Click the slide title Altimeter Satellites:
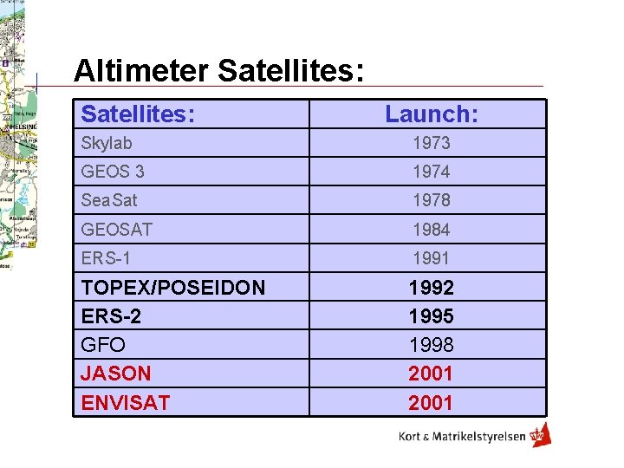coord(217,70)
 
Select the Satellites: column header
coord(138,114)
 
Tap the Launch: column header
coord(431,114)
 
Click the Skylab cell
coord(107,143)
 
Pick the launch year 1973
coord(431,143)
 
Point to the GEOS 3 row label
coord(113,172)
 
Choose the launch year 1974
coord(431,172)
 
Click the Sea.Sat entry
coord(109,200)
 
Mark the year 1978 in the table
coord(431,200)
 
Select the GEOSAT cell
coord(117,230)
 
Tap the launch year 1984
coord(431,230)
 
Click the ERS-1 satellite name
coord(106,258)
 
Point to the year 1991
coord(431,258)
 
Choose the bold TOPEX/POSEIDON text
coord(173,288)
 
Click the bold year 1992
coord(431,288)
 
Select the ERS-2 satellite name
coord(110,316)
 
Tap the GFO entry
coord(103,345)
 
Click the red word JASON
coord(116,374)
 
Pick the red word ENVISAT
coord(126,402)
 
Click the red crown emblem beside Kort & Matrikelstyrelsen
coord(541,435)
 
